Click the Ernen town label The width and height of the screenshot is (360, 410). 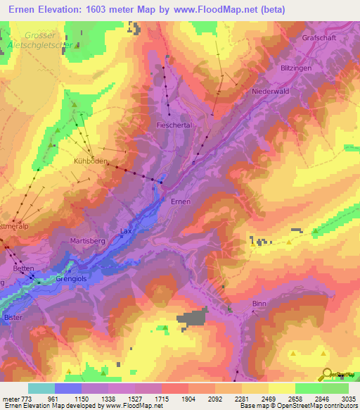pos(181,201)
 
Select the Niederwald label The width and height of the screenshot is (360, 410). pos(269,92)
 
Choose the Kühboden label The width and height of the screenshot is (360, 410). pos(91,161)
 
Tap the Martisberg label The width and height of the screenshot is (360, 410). pos(87,241)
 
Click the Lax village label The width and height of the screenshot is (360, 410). pos(126,230)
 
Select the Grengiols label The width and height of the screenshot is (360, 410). pos(70,278)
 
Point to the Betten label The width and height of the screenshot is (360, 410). pos(23,269)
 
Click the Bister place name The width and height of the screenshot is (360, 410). pos(13,318)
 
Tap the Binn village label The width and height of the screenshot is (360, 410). pos(259,303)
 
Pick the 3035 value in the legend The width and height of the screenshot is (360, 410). pos(349,399)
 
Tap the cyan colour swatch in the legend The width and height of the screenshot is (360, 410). pos(41,388)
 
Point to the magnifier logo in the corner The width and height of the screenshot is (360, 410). pos(327,374)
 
